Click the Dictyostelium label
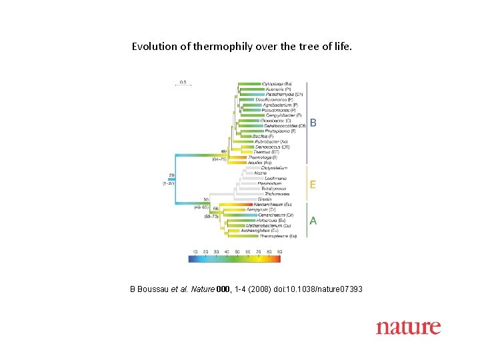click(x=267, y=167)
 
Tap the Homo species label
click(x=260, y=173)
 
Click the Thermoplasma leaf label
click(x=278, y=236)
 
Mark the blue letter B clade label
click(x=313, y=123)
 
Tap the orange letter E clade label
click(x=313, y=185)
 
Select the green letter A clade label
click(x=313, y=221)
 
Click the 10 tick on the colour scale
click(x=195, y=251)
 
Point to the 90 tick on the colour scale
click(x=279, y=251)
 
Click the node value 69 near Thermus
click(x=224, y=152)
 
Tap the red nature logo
click(x=408, y=327)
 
